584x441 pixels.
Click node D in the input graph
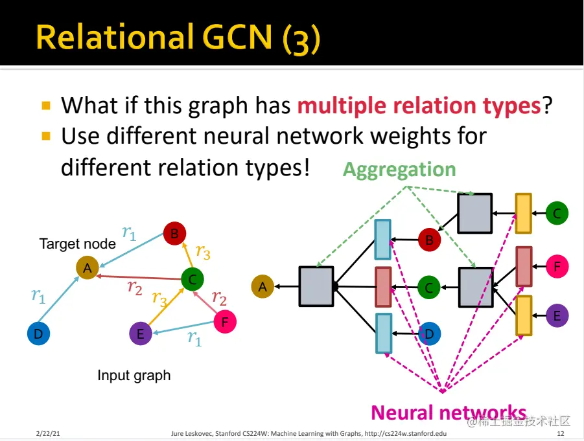(38, 334)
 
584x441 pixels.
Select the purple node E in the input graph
(141, 334)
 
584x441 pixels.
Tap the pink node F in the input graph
(224, 321)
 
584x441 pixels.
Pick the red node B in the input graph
(174, 234)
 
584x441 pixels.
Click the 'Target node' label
(77, 244)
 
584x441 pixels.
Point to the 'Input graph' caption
(134, 376)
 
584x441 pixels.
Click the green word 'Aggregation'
(399, 170)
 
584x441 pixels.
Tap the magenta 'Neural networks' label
(448, 412)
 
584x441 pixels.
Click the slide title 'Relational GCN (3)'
(178, 37)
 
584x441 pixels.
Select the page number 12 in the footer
(560, 433)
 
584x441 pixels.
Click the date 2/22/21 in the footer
(48, 433)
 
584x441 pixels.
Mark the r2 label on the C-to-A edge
(135, 286)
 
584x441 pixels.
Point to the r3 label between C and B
(203, 251)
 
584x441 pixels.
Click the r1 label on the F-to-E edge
(194, 337)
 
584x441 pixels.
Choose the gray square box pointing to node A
(316, 286)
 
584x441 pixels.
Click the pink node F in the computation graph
(557, 266)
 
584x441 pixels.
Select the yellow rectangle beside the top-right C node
(523, 213)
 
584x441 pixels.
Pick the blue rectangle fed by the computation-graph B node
(383, 240)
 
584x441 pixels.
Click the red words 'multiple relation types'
(419, 105)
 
